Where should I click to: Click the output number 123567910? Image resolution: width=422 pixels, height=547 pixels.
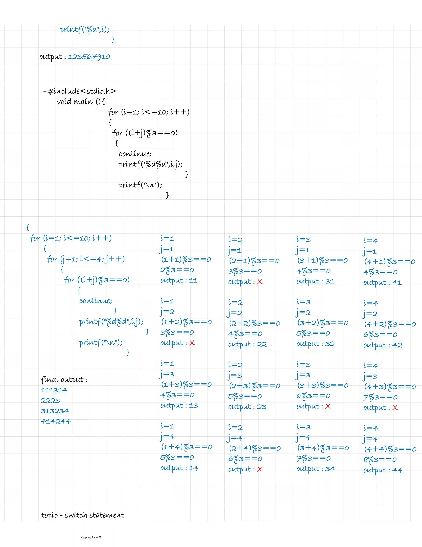point(89,57)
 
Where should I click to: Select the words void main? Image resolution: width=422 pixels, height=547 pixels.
point(75,101)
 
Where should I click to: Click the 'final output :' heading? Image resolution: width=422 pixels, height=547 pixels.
point(64,380)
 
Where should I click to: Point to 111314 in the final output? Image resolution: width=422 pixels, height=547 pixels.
point(54,390)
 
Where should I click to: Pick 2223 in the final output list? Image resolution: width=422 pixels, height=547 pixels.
point(50,401)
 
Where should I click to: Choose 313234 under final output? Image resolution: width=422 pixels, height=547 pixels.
point(55,411)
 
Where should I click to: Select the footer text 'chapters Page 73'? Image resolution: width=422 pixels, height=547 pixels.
point(91,537)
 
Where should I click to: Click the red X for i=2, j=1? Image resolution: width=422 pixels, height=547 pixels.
point(260,282)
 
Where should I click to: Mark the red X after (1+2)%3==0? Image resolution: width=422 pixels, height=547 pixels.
point(192,343)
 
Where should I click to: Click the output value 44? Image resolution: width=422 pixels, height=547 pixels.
point(397,470)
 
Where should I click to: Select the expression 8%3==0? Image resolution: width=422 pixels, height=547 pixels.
point(380,460)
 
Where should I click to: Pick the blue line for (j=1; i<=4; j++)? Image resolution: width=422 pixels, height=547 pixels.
point(86,259)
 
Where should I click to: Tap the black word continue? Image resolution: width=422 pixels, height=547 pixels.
point(135,154)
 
